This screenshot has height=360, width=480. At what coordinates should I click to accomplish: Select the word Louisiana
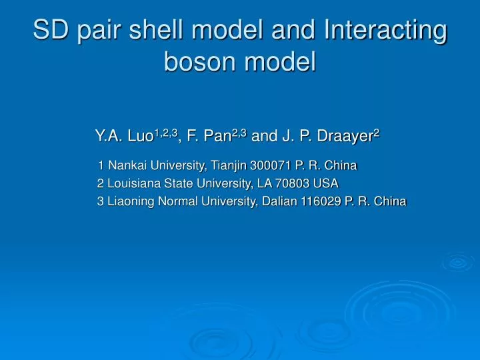133,183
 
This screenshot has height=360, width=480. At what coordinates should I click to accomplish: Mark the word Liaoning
131,202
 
